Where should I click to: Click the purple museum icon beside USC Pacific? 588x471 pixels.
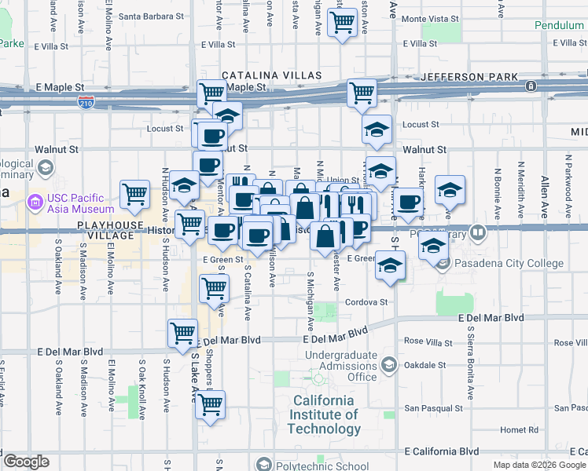click(35, 203)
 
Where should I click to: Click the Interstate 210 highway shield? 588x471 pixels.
click(86, 102)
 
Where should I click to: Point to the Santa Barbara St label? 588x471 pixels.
click(151, 16)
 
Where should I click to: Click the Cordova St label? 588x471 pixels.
click(366, 301)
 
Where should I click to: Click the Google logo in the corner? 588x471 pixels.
click(26, 462)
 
